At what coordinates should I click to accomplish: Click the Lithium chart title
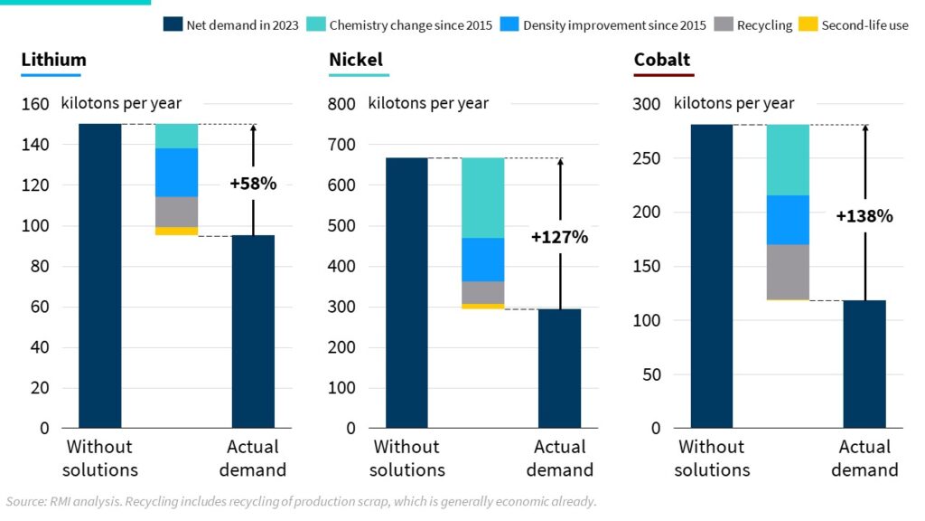(x=54, y=61)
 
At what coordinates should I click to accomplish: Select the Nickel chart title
(x=356, y=61)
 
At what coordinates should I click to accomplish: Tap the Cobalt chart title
(x=662, y=61)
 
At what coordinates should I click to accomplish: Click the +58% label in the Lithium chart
(x=253, y=184)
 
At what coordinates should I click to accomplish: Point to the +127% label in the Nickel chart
(x=559, y=238)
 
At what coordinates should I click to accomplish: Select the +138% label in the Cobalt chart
(x=864, y=216)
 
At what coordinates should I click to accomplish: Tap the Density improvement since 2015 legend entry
(x=605, y=24)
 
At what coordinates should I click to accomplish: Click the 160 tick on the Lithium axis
(x=35, y=104)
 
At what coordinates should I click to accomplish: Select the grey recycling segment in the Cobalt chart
(x=788, y=271)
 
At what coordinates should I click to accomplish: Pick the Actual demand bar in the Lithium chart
(x=253, y=331)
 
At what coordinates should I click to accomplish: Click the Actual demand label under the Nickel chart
(x=559, y=458)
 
